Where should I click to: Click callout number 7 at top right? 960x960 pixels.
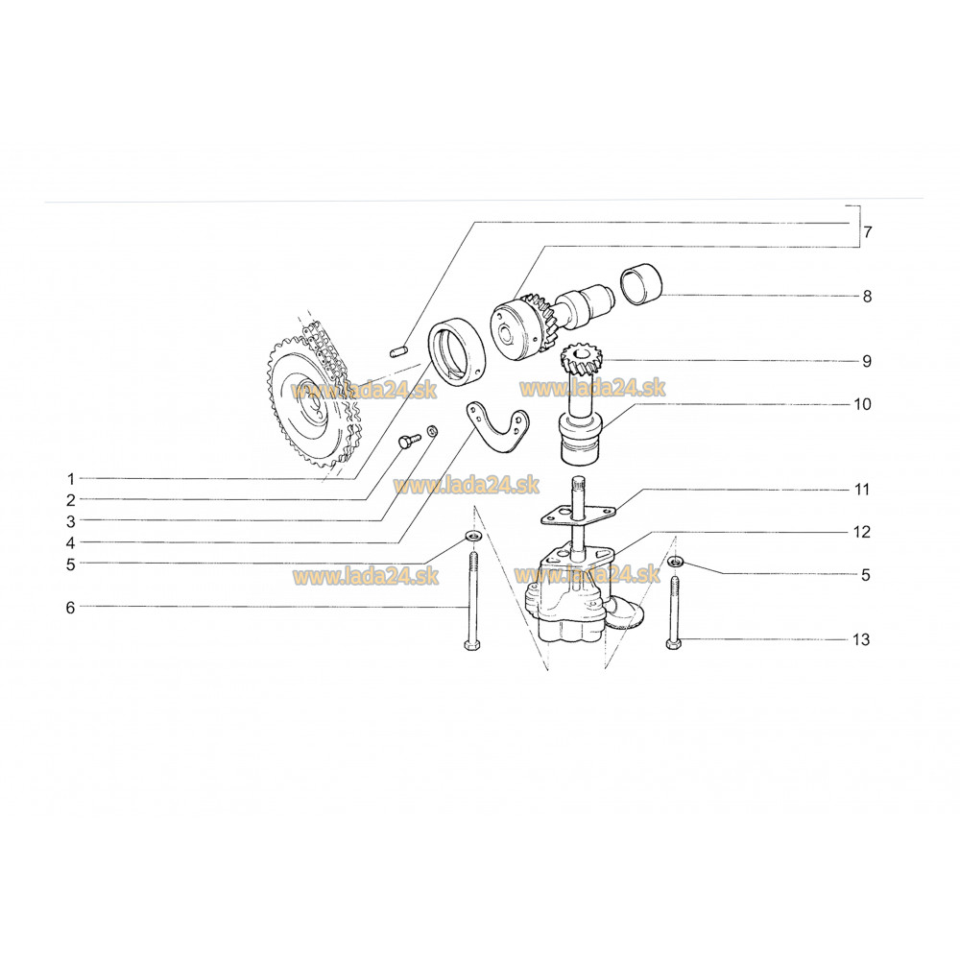pyautogui.click(x=868, y=232)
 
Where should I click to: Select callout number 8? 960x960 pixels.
pyautogui.click(x=867, y=297)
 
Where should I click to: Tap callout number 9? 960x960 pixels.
pyautogui.click(x=867, y=361)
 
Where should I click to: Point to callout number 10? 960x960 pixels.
pyautogui.click(x=863, y=404)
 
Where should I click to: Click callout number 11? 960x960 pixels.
pyautogui.click(x=863, y=490)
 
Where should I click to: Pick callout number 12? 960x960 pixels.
pyautogui.click(x=862, y=532)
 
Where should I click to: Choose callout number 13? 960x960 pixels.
pyautogui.click(x=861, y=639)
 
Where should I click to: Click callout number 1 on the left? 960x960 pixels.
pyautogui.click(x=71, y=479)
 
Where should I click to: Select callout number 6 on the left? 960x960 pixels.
pyautogui.click(x=70, y=608)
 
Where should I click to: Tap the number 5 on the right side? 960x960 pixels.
pyautogui.click(x=866, y=575)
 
